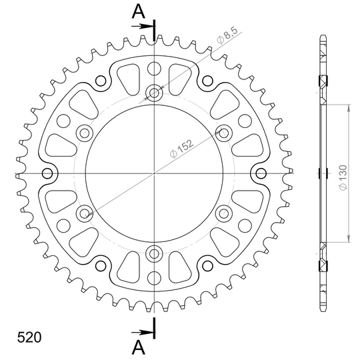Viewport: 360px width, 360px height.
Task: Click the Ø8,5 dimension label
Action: click(227, 35)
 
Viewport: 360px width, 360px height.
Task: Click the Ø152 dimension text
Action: click(181, 149)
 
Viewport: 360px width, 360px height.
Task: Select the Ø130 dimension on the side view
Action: click(343, 177)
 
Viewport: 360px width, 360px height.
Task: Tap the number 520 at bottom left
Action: click(29, 337)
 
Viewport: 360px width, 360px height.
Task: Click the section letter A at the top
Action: click(139, 11)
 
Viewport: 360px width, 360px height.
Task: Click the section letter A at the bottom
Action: click(139, 347)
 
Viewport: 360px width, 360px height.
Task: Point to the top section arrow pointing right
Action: click(143, 27)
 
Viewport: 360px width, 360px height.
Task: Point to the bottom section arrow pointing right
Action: click(143, 332)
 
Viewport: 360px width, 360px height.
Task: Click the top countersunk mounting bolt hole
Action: click(154, 93)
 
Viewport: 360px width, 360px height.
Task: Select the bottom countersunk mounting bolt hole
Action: click(154, 254)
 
